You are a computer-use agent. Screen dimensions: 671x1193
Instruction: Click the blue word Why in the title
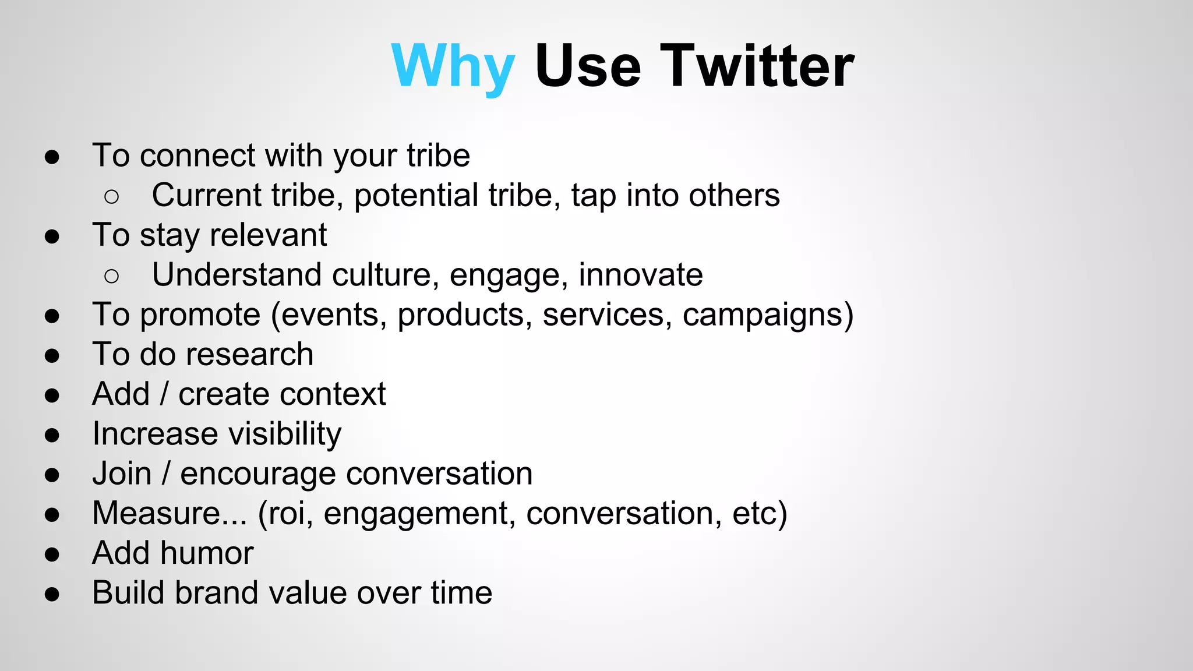tap(453, 66)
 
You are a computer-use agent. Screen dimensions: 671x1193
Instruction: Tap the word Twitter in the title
tap(757, 66)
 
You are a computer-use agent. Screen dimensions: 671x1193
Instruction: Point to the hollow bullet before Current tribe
tap(111, 197)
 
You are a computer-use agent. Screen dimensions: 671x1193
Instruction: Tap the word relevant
tap(268, 235)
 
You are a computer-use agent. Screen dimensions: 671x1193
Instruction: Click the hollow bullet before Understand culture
tap(111, 276)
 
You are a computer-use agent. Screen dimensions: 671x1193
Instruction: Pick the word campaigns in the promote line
tap(762, 316)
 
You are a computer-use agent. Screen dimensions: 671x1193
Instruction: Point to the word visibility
tap(285, 435)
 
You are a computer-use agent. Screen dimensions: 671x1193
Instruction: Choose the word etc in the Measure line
tap(753, 514)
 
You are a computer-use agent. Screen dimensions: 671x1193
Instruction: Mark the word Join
tap(122, 474)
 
